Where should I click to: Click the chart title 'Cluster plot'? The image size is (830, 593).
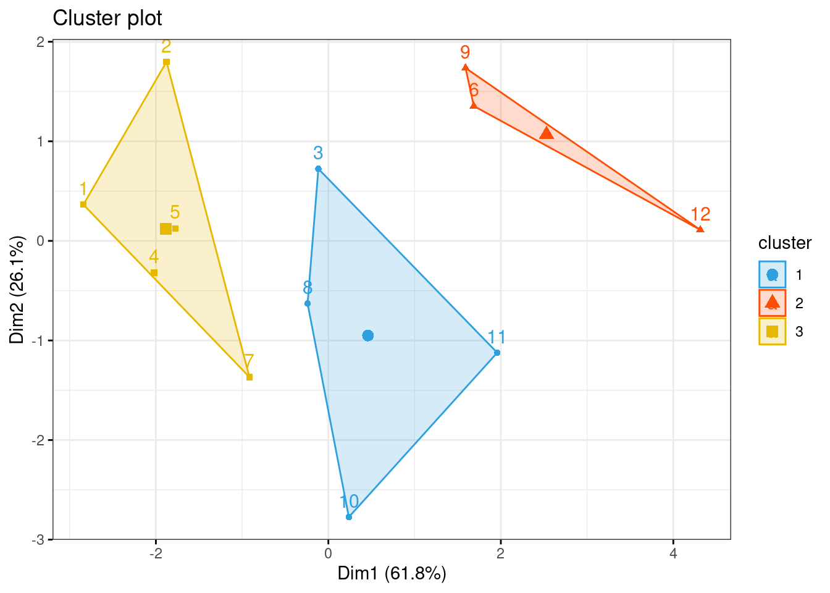coord(107,18)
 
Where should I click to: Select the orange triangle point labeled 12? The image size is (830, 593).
coord(700,229)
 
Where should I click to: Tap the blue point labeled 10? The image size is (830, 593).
coord(349,517)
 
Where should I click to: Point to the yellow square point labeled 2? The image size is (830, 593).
coord(166,62)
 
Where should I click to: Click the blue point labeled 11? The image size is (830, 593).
coord(497,353)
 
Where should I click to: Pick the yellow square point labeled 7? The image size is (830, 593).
coord(249,377)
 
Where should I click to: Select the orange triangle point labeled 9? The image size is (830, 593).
coord(466,68)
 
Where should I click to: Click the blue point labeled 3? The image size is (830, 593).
coord(318,169)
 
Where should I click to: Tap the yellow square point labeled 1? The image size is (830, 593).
coord(83,204)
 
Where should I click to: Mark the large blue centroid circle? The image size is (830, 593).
coord(368,335)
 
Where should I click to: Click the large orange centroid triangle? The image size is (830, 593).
coord(547,133)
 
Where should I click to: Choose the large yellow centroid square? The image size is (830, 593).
coord(166,229)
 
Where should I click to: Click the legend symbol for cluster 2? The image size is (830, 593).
coord(772,303)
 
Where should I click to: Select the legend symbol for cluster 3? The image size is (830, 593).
coord(772,332)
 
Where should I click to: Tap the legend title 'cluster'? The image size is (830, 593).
coord(784,243)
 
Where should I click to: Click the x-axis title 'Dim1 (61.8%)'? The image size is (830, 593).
coord(392,574)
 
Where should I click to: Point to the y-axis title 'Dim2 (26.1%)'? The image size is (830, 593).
coord(17,290)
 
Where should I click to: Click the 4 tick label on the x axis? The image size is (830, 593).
coord(673,553)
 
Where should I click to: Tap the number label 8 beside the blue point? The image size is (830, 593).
coord(308,288)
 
